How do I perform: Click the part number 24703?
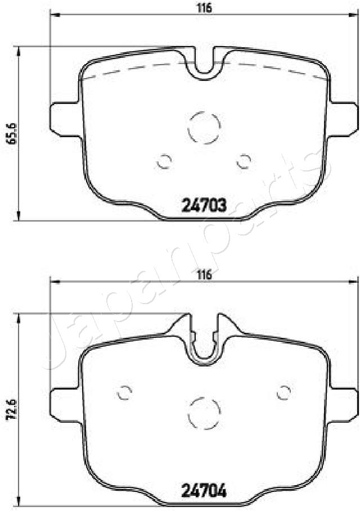click(x=204, y=206)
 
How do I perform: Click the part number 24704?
click(x=204, y=492)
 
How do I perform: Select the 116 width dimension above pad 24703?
click(x=204, y=8)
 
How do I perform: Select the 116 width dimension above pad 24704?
click(x=204, y=275)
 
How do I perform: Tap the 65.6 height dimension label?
click(x=10, y=133)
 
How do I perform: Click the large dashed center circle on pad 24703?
click(x=204, y=127)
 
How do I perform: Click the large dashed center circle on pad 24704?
click(x=204, y=413)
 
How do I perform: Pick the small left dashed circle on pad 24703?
click(x=164, y=161)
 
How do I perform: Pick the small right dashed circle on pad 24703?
click(x=244, y=161)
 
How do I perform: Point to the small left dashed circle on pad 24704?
click(x=124, y=392)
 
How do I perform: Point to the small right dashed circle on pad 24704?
click(x=284, y=392)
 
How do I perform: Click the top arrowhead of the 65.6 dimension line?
click(x=20, y=51)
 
